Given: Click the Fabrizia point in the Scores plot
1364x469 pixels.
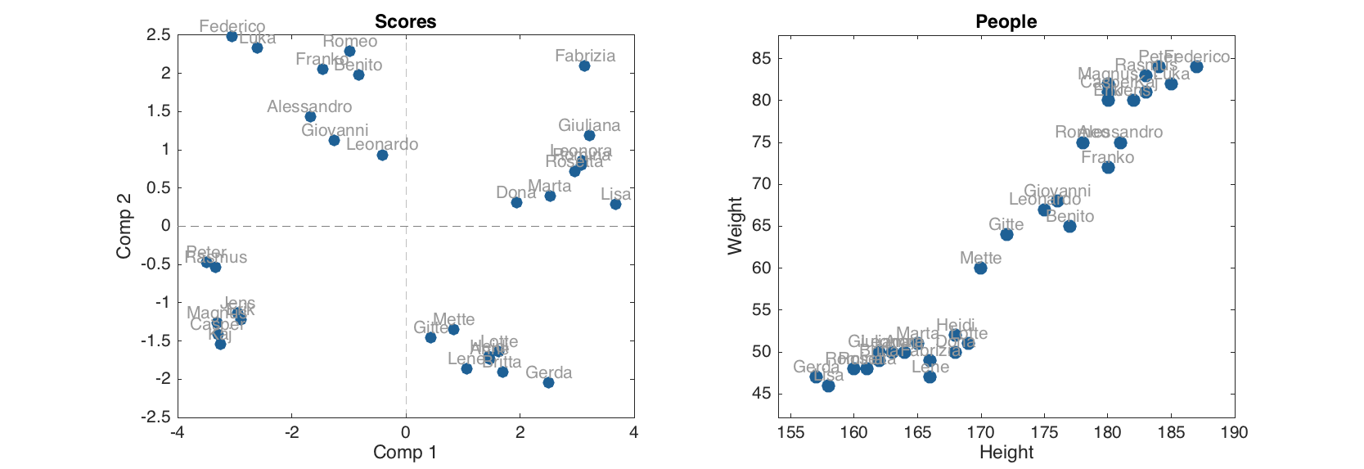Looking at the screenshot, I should tap(584, 65).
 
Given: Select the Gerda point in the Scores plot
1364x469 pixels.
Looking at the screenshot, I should tap(548, 382).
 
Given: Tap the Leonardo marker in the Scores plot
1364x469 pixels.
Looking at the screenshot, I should tap(382, 155).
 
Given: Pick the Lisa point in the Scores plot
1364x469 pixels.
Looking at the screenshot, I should tap(615, 204).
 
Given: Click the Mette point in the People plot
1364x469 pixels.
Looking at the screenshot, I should tap(980, 268).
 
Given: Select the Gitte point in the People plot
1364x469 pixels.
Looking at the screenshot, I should tap(1006, 234).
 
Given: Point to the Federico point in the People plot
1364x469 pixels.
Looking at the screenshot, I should tap(1196, 67).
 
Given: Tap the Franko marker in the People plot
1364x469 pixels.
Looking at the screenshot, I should tap(1108, 167).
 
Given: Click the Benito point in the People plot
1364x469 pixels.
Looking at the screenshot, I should tap(1069, 226).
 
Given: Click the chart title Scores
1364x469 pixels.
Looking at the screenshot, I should tap(406, 22).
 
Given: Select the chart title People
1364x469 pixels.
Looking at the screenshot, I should tap(1006, 22).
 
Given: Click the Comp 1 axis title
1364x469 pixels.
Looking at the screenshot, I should tap(406, 452).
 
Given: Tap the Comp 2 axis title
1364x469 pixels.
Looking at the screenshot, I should tap(124, 226).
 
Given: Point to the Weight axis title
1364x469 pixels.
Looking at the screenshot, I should tap(736, 226).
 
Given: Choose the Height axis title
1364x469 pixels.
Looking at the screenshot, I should tap(1006, 452).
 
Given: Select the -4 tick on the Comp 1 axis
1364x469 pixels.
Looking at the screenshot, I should tap(177, 431).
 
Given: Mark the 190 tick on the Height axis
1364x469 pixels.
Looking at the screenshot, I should tap(1234, 431).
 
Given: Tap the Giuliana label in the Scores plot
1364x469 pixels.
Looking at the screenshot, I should tap(589, 125).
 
